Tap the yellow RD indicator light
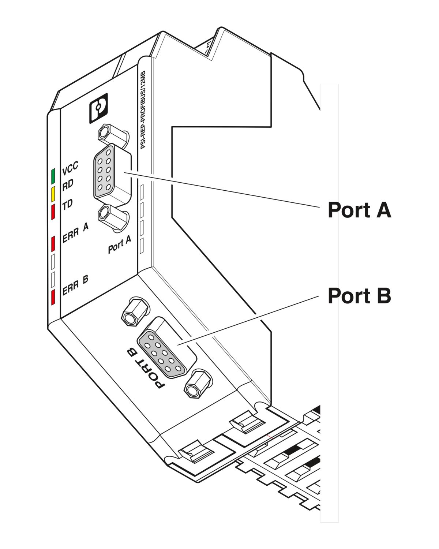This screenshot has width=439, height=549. pos(53,194)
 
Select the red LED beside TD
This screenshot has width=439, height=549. pos(53,212)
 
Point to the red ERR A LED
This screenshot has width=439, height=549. pos(53,244)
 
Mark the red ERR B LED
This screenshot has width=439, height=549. pos(53,297)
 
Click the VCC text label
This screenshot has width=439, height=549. pos(70,169)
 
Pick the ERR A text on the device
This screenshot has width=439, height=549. pos(75,233)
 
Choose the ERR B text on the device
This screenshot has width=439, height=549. pos(75,285)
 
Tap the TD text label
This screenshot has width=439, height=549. pos(67,205)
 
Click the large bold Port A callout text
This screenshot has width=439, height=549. pos(359,210)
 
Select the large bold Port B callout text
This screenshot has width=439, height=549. pos(359,296)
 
